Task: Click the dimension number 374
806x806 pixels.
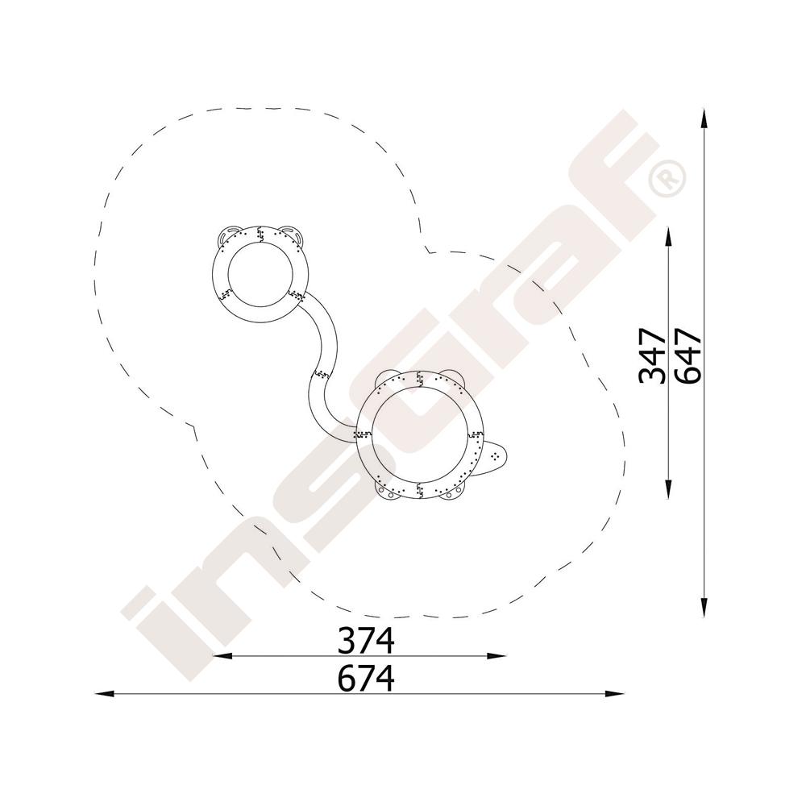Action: tap(366, 640)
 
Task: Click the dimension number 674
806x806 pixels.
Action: tap(366, 678)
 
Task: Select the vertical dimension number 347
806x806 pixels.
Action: tap(652, 356)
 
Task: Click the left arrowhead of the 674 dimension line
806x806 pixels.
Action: tap(104, 694)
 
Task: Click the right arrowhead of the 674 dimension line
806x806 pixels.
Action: tap(615, 694)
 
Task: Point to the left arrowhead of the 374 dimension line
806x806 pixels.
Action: tap(222, 655)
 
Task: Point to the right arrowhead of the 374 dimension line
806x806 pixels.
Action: tap(496, 655)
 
